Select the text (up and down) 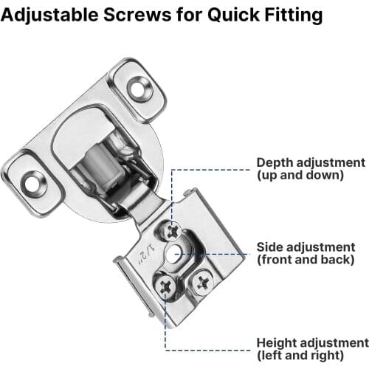tap(300, 176)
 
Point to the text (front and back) tap(305, 260)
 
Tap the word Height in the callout tap(276, 343)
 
